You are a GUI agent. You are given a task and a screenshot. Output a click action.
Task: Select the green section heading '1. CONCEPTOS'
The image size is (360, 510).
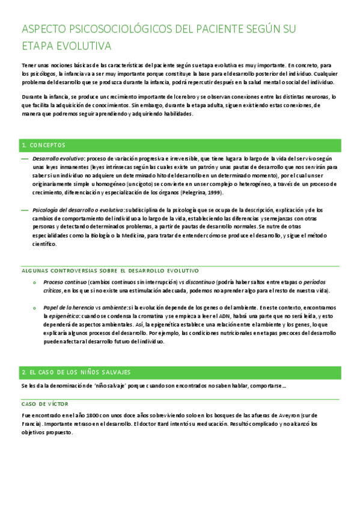(43, 145)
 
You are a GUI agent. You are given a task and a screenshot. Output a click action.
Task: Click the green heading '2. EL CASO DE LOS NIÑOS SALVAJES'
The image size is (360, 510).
(76, 372)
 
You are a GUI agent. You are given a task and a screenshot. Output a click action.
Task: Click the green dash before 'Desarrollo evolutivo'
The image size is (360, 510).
(24, 158)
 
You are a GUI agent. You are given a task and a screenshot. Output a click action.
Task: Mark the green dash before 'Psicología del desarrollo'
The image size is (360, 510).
(24, 210)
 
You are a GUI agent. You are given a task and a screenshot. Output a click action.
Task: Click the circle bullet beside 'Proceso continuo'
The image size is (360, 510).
(34, 282)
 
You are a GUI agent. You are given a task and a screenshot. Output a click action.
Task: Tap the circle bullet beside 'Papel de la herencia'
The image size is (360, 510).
(34, 307)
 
